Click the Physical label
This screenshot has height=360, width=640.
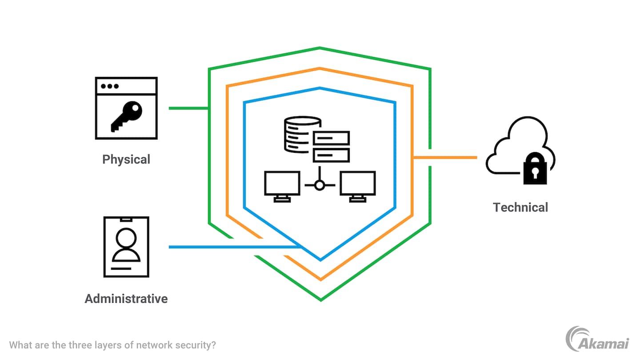pyautogui.click(x=126, y=159)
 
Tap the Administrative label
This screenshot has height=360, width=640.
pyautogui.click(x=126, y=298)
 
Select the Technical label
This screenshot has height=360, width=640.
pyautogui.click(x=520, y=207)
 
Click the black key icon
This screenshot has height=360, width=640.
pyautogui.click(x=126, y=116)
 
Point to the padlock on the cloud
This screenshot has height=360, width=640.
pyautogui.click(x=535, y=168)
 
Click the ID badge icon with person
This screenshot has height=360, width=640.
pyautogui.click(x=126, y=247)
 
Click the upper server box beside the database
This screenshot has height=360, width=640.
pyautogui.click(x=332, y=138)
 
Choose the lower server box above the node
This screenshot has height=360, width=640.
pyautogui.click(x=332, y=155)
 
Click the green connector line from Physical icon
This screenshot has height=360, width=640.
pyautogui.click(x=188, y=108)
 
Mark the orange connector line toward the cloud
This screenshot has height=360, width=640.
pyautogui.click(x=444, y=157)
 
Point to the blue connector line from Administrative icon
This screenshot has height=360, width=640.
pyautogui.click(x=231, y=247)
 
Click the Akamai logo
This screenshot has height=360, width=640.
pyautogui.click(x=597, y=340)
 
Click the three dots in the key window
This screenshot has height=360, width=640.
pyautogui.click(x=109, y=86)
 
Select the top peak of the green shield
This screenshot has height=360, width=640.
pyautogui.click(x=320, y=48)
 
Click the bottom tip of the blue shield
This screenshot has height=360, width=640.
pyautogui.click(x=320, y=260)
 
